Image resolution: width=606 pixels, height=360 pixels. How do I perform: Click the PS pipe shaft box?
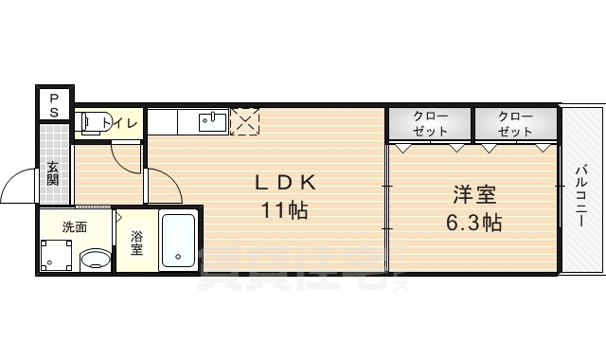point(54,103)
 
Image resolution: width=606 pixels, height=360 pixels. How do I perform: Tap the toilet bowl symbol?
point(91,123)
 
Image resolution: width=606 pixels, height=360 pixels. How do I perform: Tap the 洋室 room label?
point(473,196)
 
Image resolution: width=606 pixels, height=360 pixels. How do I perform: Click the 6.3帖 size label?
point(475,224)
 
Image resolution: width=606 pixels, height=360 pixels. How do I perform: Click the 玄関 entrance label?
point(53,173)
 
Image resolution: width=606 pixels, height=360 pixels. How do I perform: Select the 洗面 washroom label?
point(74,227)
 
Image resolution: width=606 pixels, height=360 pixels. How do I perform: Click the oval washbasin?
point(94,258)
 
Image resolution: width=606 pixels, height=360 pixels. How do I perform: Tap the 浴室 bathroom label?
point(136,243)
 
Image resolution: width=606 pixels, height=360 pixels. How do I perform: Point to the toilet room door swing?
point(125,153)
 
